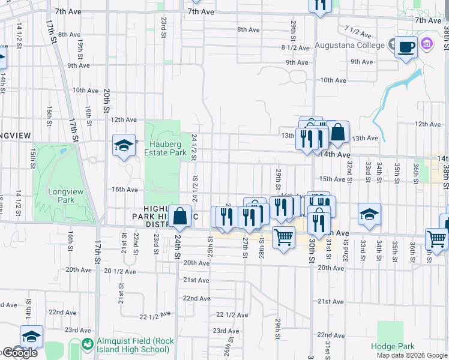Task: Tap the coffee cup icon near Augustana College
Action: click(406, 47)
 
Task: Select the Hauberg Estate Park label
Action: click(165, 148)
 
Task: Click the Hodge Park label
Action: click(393, 346)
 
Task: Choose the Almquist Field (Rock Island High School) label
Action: click(135, 345)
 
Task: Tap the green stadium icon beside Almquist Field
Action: click(88, 344)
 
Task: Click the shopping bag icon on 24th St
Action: click(179, 217)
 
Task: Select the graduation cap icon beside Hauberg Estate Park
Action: click(124, 146)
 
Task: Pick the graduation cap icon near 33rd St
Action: click(369, 214)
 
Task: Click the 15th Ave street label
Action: click(333, 179)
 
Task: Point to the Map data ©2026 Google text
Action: click(412, 355)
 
